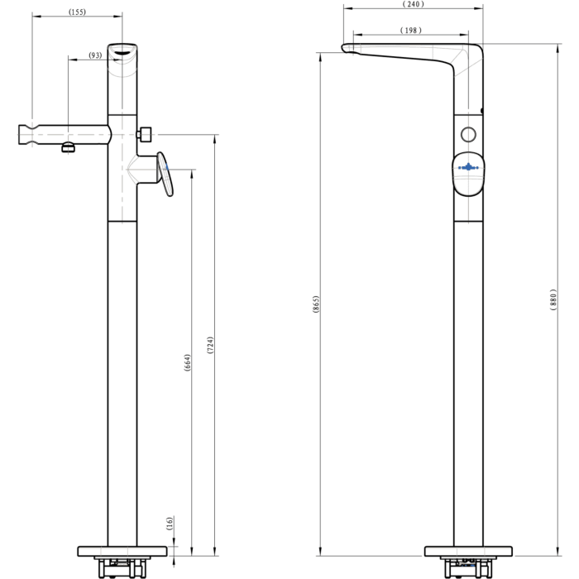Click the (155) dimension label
77,12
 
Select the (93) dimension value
95,55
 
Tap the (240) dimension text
414,4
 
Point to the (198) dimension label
411,31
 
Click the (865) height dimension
316,304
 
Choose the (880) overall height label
553,299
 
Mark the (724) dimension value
210,345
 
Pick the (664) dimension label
188,362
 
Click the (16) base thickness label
170,524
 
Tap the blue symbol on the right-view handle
468,167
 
